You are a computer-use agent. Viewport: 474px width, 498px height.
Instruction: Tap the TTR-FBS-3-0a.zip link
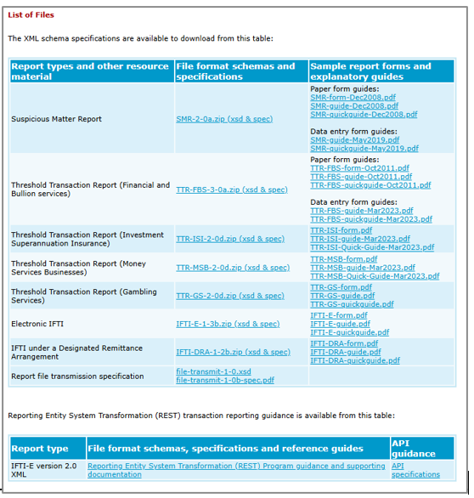point(232,190)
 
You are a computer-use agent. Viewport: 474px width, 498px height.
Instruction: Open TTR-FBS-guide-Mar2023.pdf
point(362,210)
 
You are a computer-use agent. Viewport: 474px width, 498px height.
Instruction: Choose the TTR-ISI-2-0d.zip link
point(230,239)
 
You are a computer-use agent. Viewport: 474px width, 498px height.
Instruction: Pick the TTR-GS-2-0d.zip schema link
point(229,296)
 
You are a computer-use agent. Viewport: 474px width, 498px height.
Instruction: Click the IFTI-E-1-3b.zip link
point(228,324)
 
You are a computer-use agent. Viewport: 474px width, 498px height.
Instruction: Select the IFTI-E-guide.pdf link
point(340,324)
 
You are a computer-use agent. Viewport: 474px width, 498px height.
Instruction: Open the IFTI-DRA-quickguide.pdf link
point(355,360)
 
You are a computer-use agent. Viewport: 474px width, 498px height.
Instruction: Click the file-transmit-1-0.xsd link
point(213,372)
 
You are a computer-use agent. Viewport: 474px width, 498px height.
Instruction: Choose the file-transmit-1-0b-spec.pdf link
point(225,380)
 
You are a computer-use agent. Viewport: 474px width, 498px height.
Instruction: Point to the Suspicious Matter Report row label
point(56,119)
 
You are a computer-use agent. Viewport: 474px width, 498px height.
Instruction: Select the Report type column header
point(40,448)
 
